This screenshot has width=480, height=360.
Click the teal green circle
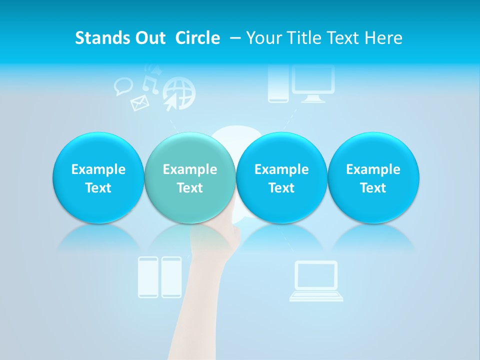coord(189,177)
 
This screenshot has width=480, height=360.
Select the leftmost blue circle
coord(98,177)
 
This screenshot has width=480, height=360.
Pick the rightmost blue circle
coord(373,177)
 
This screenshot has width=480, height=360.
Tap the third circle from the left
coord(281,177)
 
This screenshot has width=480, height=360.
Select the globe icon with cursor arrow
coord(178,93)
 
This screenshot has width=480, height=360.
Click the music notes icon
coord(150,80)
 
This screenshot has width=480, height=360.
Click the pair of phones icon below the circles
coord(160,277)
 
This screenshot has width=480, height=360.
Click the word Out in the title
coord(149,38)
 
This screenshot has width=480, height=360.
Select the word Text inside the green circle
coord(189,188)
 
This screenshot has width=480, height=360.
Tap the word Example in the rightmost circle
coord(373,169)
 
